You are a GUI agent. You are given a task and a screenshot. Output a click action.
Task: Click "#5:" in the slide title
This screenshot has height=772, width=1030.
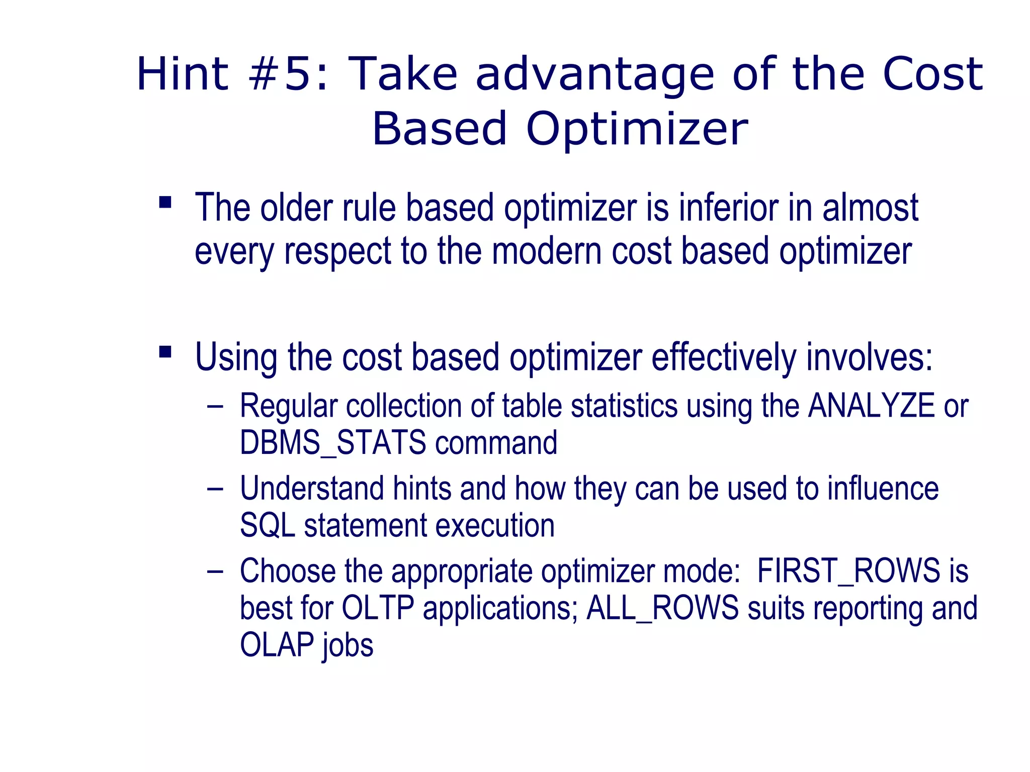pyautogui.click(x=289, y=74)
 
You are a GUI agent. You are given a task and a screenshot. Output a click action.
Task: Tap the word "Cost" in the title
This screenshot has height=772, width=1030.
pyautogui.click(x=932, y=74)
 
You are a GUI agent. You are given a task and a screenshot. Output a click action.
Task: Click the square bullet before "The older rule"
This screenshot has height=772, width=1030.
pyautogui.click(x=165, y=203)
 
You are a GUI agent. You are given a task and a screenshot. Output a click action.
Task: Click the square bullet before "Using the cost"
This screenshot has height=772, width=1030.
pyautogui.click(x=165, y=351)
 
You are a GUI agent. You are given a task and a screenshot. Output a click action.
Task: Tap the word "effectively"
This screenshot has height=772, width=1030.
pyautogui.click(x=724, y=357)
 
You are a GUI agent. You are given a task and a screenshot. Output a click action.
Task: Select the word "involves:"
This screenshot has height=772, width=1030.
pyautogui.click(x=869, y=357)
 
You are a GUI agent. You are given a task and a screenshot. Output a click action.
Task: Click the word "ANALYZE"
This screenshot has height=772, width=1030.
pyautogui.click(x=871, y=406)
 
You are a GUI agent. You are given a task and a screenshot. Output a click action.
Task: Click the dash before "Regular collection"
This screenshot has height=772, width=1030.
pyautogui.click(x=215, y=406)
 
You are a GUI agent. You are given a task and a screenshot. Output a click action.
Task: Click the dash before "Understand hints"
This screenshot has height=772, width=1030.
pyautogui.click(x=215, y=489)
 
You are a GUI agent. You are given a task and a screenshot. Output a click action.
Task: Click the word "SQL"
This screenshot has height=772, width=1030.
pyautogui.click(x=267, y=526)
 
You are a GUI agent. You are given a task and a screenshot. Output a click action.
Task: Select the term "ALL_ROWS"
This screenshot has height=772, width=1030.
pyautogui.click(x=663, y=608)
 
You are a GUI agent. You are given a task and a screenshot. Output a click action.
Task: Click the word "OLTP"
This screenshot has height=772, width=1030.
pyautogui.click(x=378, y=608)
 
